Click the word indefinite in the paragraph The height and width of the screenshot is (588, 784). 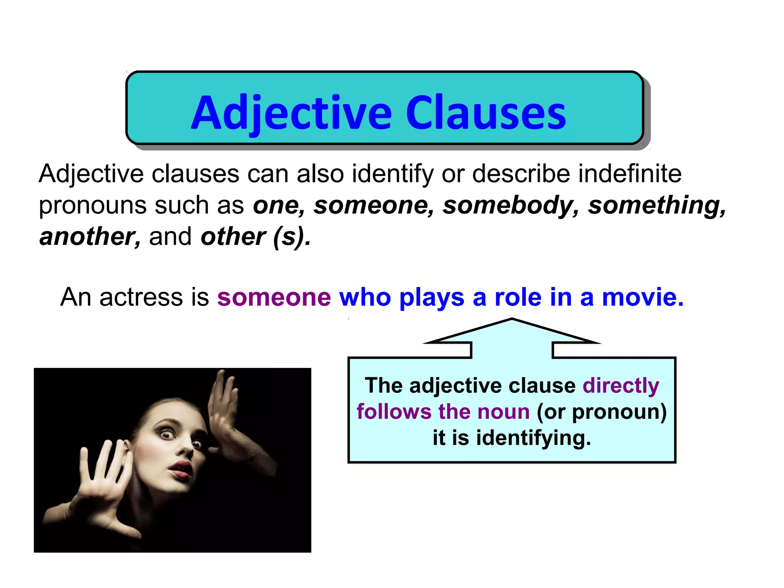tap(630, 174)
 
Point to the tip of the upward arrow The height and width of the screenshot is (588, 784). tap(512, 319)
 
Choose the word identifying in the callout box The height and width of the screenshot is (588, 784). tap(533, 438)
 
